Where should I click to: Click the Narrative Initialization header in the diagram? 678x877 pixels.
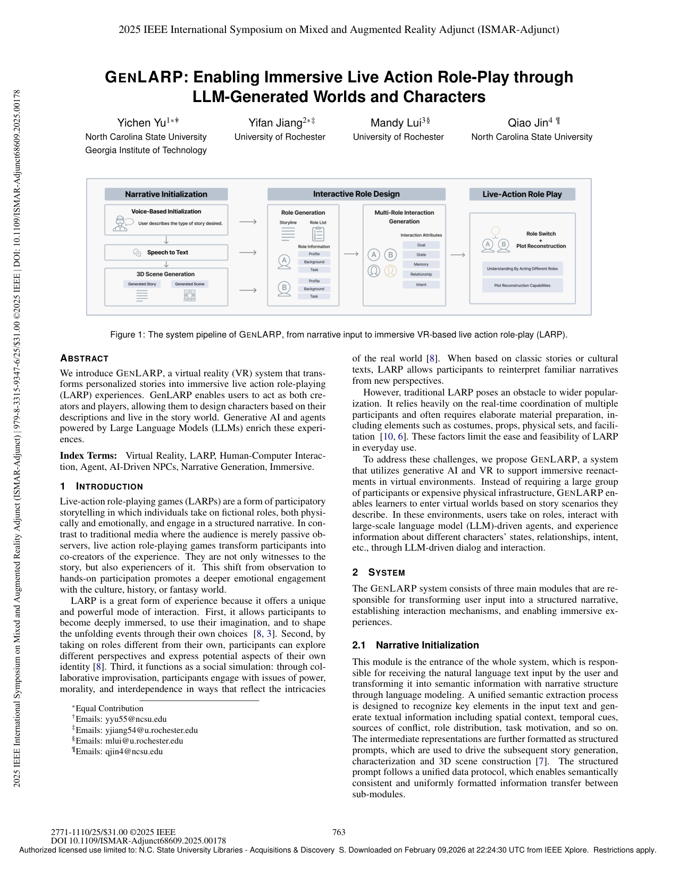[166, 195]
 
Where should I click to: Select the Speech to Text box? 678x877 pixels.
[166, 252]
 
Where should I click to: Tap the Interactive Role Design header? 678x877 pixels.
[356, 195]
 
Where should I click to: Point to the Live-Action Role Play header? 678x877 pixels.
[522, 195]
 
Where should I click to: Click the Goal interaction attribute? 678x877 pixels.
[421, 245]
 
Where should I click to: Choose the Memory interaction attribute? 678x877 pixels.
[421, 264]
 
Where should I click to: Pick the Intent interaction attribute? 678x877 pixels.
[421, 284]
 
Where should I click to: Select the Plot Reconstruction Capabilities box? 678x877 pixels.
[522, 285]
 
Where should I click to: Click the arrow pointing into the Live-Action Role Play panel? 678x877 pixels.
[457, 255]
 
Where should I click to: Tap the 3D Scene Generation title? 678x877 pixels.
[165, 274]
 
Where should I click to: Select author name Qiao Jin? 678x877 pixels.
[530, 123]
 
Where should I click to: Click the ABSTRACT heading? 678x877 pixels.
[84, 358]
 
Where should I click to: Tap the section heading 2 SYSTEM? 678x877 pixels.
[379, 572]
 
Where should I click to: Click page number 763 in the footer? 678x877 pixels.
[339, 832]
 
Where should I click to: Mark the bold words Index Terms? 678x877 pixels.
[88, 456]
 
